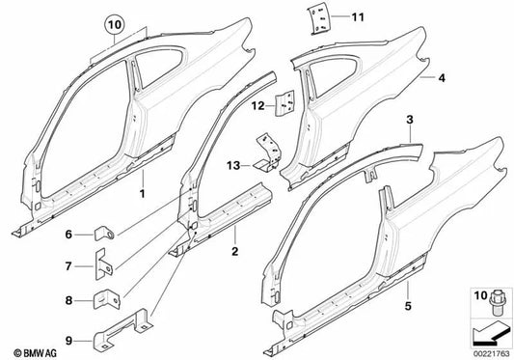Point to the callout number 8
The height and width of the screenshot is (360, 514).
[68, 300]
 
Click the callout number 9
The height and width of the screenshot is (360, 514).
[68, 338]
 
